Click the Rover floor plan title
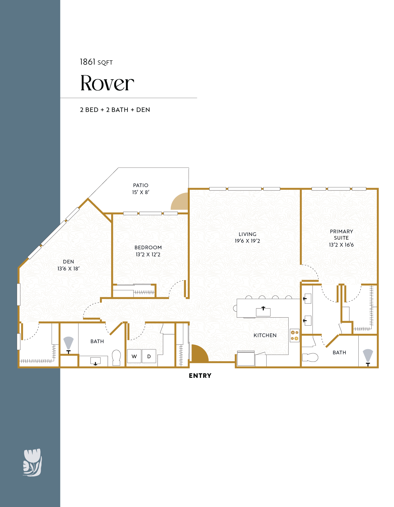pyautogui.click(x=107, y=83)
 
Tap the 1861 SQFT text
pyautogui.click(x=96, y=62)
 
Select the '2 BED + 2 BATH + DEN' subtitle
pyautogui.click(x=115, y=110)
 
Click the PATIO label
pyautogui.click(x=141, y=185)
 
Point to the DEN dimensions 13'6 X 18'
pyautogui.click(x=69, y=269)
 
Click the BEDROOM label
pyautogui.click(x=148, y=247)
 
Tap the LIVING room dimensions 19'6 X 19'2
pyautogui.click(x=247, y=241)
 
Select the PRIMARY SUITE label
pyautogui.click(x=341, y=234)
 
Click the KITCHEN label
pyautogui.click(x=265, y=335)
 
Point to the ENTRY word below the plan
pyautogui.click(x=200, y=376)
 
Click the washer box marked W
pyautogui.click(x=134, y=356)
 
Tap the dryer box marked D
pyautogui.click(x=149, y=356)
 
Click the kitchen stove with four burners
pyautogui.click(x=294, y=335)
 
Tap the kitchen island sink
pyautogui.click(x=263, y=311)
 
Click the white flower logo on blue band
pyautogui.click(x=32, y=462)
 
